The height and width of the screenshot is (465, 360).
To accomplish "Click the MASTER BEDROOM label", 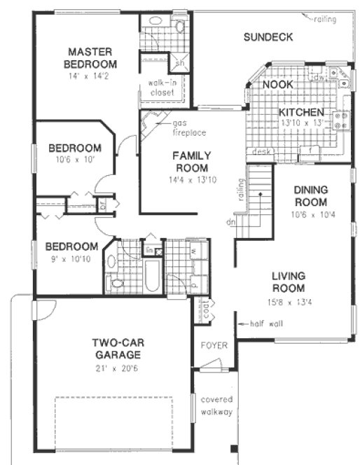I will pos(91,57).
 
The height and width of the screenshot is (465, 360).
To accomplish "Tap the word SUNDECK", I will pos(268,37).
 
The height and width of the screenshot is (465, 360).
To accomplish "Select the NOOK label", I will pos(278,85).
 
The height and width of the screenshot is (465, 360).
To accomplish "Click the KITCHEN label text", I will pos(301,113).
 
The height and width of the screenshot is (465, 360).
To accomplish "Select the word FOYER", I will pos(212,345).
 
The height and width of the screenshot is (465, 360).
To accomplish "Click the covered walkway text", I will pos(216,405).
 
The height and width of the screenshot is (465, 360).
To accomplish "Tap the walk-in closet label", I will pos(162,88).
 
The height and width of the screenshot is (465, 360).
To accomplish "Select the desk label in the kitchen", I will pos(263,151).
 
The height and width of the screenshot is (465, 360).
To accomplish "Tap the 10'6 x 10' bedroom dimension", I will pos(74,160).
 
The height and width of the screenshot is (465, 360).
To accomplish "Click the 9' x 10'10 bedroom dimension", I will pos(71,259).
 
